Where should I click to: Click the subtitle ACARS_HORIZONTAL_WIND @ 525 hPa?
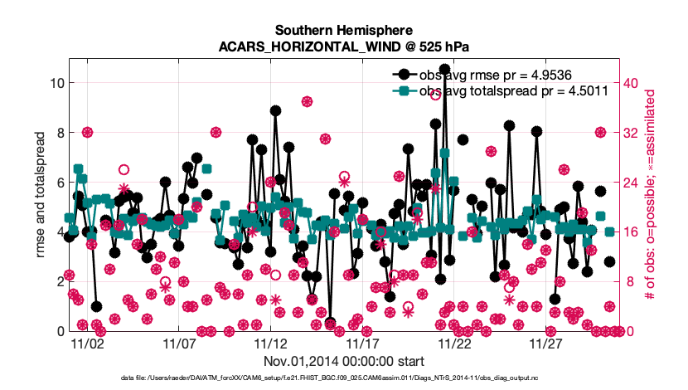click(x=344, y=46)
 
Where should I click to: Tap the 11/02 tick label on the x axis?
click(x=87, y=344)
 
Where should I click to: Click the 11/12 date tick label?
click(x=271, y=344)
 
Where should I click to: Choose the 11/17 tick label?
click(x=363, y=344)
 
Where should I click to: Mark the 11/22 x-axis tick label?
click(x=455, y=344)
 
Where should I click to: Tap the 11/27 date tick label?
click(x=547, y=344)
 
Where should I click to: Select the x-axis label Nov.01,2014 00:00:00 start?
click(x=344, y=362)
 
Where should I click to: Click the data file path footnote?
click(x=344, y=378)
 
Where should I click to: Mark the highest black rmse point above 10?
click(x=444, y=70)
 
